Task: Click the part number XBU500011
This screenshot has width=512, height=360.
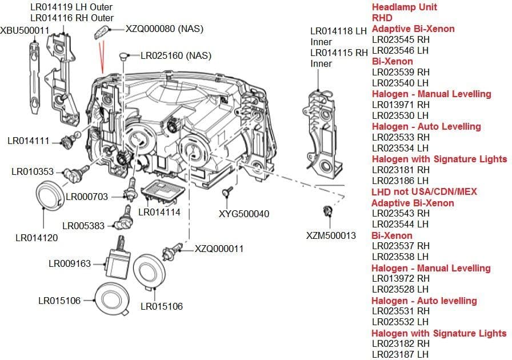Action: pos(25,30)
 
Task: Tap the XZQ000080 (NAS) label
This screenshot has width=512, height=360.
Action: pos(164,29)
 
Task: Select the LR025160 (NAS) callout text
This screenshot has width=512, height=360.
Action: pos(176,55)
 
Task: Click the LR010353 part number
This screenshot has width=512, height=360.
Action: pos(33,171)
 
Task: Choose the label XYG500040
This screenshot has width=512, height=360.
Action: pos(244,214)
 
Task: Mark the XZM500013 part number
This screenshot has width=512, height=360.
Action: pos(331,235)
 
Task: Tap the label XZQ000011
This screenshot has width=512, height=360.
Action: pos(219,249)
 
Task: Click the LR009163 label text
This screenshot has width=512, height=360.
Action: pos(70,263)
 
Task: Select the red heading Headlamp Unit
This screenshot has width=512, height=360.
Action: pos(404,7)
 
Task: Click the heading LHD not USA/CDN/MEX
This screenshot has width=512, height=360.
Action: pos(424,191)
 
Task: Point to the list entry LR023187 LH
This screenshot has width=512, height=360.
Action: pos(400,355)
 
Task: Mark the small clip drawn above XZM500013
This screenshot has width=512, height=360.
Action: pos(328,212)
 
